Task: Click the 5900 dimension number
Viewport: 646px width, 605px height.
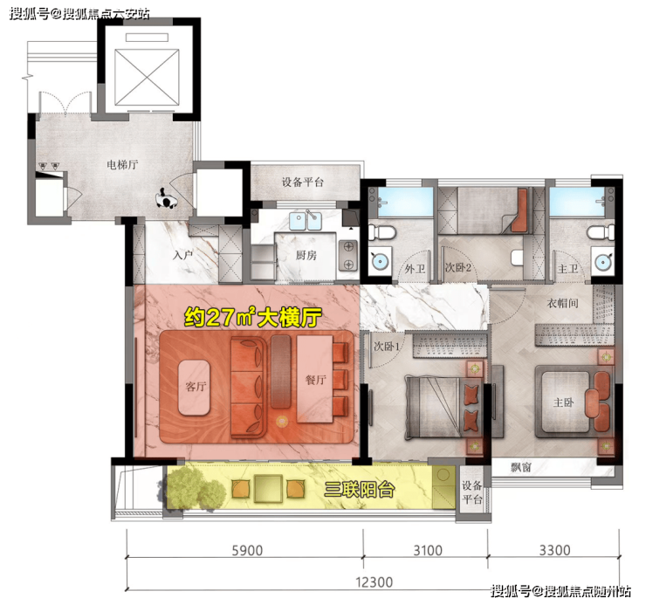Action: (x=247, y=550)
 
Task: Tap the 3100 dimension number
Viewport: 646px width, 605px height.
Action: (x=428, y=550)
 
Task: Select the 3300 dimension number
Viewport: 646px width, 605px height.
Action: (x=555, y=550)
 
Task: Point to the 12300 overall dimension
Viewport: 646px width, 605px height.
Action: (x=375, y=582)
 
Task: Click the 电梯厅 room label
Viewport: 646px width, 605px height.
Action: (x=122, y=165)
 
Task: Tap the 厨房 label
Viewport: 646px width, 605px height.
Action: (x=306, y=256)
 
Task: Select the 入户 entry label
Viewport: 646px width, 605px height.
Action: (x=183, y=255)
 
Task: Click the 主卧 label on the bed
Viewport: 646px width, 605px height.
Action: (x=563, y=402)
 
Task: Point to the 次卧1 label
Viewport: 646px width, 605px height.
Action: (x=387, y=347)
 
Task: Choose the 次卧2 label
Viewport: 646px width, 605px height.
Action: (x=457, y=268)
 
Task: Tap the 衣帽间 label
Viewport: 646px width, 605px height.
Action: (x=563, y=304)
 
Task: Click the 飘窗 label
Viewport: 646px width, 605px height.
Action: (x=521, y=467)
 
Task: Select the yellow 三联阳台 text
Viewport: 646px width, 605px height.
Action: (x=359, y=490)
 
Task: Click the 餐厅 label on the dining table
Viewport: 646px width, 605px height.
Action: (x=316, y=380)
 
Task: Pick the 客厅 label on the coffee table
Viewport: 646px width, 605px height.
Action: (x=196, y=387)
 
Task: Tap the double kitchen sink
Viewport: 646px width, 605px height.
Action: (x=306, y=221)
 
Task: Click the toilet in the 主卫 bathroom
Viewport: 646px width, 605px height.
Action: (x=601, y=232)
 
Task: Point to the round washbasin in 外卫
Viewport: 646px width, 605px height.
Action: (x=379, y=260)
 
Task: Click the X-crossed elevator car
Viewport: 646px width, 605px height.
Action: (x=147, y=78)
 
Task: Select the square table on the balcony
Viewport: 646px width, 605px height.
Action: (x=268, y=489)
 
